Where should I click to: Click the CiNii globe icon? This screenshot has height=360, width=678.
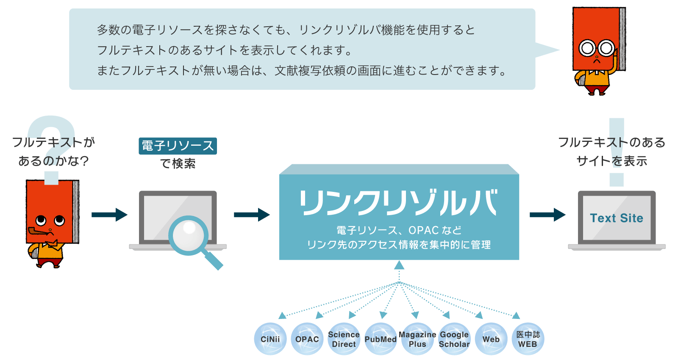(x=270, y=339)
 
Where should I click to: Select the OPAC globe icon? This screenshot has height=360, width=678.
(x=307, y=339)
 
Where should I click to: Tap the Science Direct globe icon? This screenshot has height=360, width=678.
(x=344, y=339)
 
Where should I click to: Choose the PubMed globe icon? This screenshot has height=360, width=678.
(x=381, y=339)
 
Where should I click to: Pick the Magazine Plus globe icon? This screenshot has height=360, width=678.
(x=417, y=339)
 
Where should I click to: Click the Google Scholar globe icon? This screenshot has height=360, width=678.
(x=454, y=339)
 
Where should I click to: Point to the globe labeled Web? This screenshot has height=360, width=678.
(x=491, y=339)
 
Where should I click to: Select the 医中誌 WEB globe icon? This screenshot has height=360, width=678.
(x=528, y=339)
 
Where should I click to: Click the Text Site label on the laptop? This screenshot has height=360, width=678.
(x=617, y=218)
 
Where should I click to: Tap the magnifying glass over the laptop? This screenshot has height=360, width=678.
(x=189, y=235)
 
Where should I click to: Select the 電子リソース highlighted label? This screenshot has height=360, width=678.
(x=178, y=146)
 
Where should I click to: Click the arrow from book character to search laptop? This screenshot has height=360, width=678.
(x=109, y=215)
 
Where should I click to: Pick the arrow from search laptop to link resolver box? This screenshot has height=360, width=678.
(x=252, y=215)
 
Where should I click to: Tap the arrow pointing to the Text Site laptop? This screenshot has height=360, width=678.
(x=547, y=215)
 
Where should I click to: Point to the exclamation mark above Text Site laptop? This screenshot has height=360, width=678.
(x=617, y=152)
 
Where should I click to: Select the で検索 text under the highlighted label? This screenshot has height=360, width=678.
(x=178, y=163)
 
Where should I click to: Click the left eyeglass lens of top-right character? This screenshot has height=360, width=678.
(x=587, y=48)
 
